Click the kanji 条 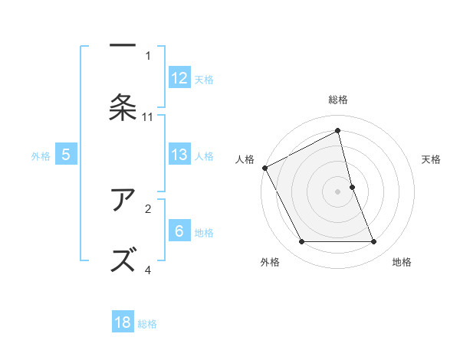(x=123, y=107)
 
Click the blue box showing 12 (x=179, y=78)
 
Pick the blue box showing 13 (x=179, y=155)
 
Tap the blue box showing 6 (x=179, y=231)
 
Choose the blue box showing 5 (x=66, y=155)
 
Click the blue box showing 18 (x=123, y=322)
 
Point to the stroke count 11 (x=148, y=117)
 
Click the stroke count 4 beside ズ (x=148, y=270)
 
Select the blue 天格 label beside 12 (x=204, y=79)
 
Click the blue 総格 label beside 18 (x=147, y=323)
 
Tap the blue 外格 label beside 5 (x=41, y=155)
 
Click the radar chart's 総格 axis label (x=338, y=100)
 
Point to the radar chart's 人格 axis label (x=245, y=159)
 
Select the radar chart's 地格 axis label (x=402, y=262)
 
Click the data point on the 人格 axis (x=264, y=168)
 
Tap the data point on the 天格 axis (x=352, y=187)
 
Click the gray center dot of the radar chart (x=338, y=191)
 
